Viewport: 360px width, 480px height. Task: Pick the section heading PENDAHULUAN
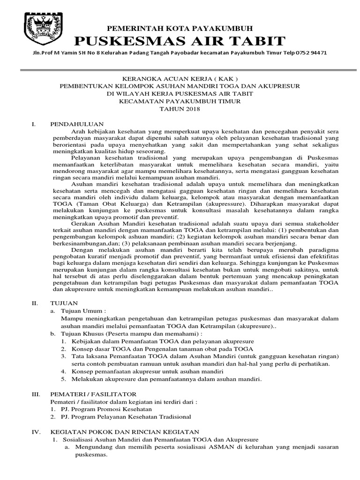(76, 124)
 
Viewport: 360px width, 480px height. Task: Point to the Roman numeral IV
(37, 432)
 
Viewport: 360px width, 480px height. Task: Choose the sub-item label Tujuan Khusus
(84, 333)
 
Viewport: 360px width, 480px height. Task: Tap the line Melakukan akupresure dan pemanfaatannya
(166, 379)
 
